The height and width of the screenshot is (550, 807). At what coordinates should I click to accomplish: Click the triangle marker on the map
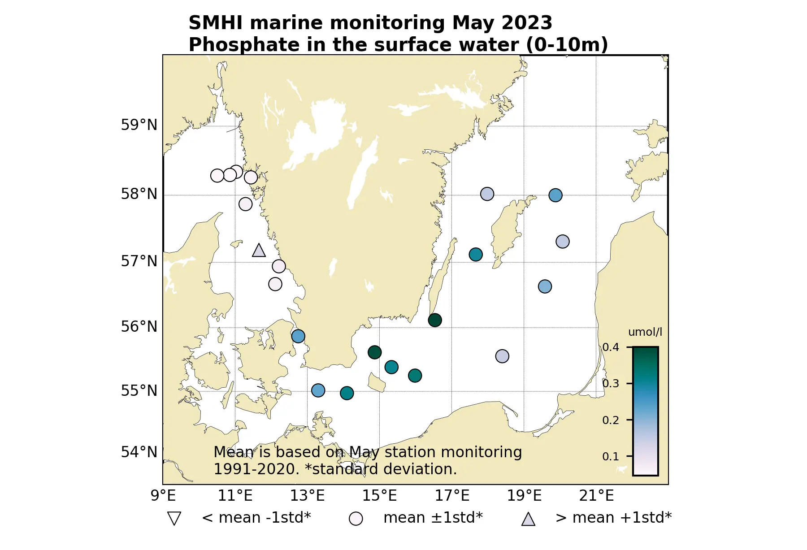(x=259, y=251)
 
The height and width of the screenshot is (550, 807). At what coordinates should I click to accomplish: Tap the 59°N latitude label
(x=139, y=125)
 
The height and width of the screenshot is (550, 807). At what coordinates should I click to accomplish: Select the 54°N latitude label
(x=139, y=452)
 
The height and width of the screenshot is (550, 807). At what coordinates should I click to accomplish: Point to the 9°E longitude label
(x=163, y=496)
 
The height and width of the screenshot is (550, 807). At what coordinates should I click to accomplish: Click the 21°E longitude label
(x=596, y=496)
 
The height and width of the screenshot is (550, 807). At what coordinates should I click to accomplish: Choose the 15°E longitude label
(x=379, y=496)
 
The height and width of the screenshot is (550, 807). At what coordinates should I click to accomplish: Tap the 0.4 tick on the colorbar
(x=611, y=347)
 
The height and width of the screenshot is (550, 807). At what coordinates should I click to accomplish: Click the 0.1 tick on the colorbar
(x=611, y=456)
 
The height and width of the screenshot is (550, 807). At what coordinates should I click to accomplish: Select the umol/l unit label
(x=645, y=332)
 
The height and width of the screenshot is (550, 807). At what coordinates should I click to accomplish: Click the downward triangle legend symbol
(x=174, y=519)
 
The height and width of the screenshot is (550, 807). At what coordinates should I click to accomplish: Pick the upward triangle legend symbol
(x=528, y=519)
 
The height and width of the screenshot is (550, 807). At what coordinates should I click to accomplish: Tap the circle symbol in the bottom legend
(x=356, y=519)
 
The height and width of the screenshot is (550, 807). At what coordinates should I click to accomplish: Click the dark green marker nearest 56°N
(x=434, y=320)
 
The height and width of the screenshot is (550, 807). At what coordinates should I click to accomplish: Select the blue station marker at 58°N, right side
(x=555, y=195)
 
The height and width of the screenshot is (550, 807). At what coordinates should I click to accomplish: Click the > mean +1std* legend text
(x=613, y=518)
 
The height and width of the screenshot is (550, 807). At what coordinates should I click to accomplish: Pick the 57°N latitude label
(x=139, y=261)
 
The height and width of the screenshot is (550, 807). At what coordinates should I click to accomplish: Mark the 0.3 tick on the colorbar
(x=611, y=384)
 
